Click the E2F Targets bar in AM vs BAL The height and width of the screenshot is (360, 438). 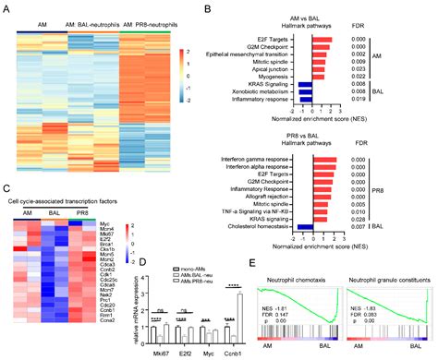[322, 32]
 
